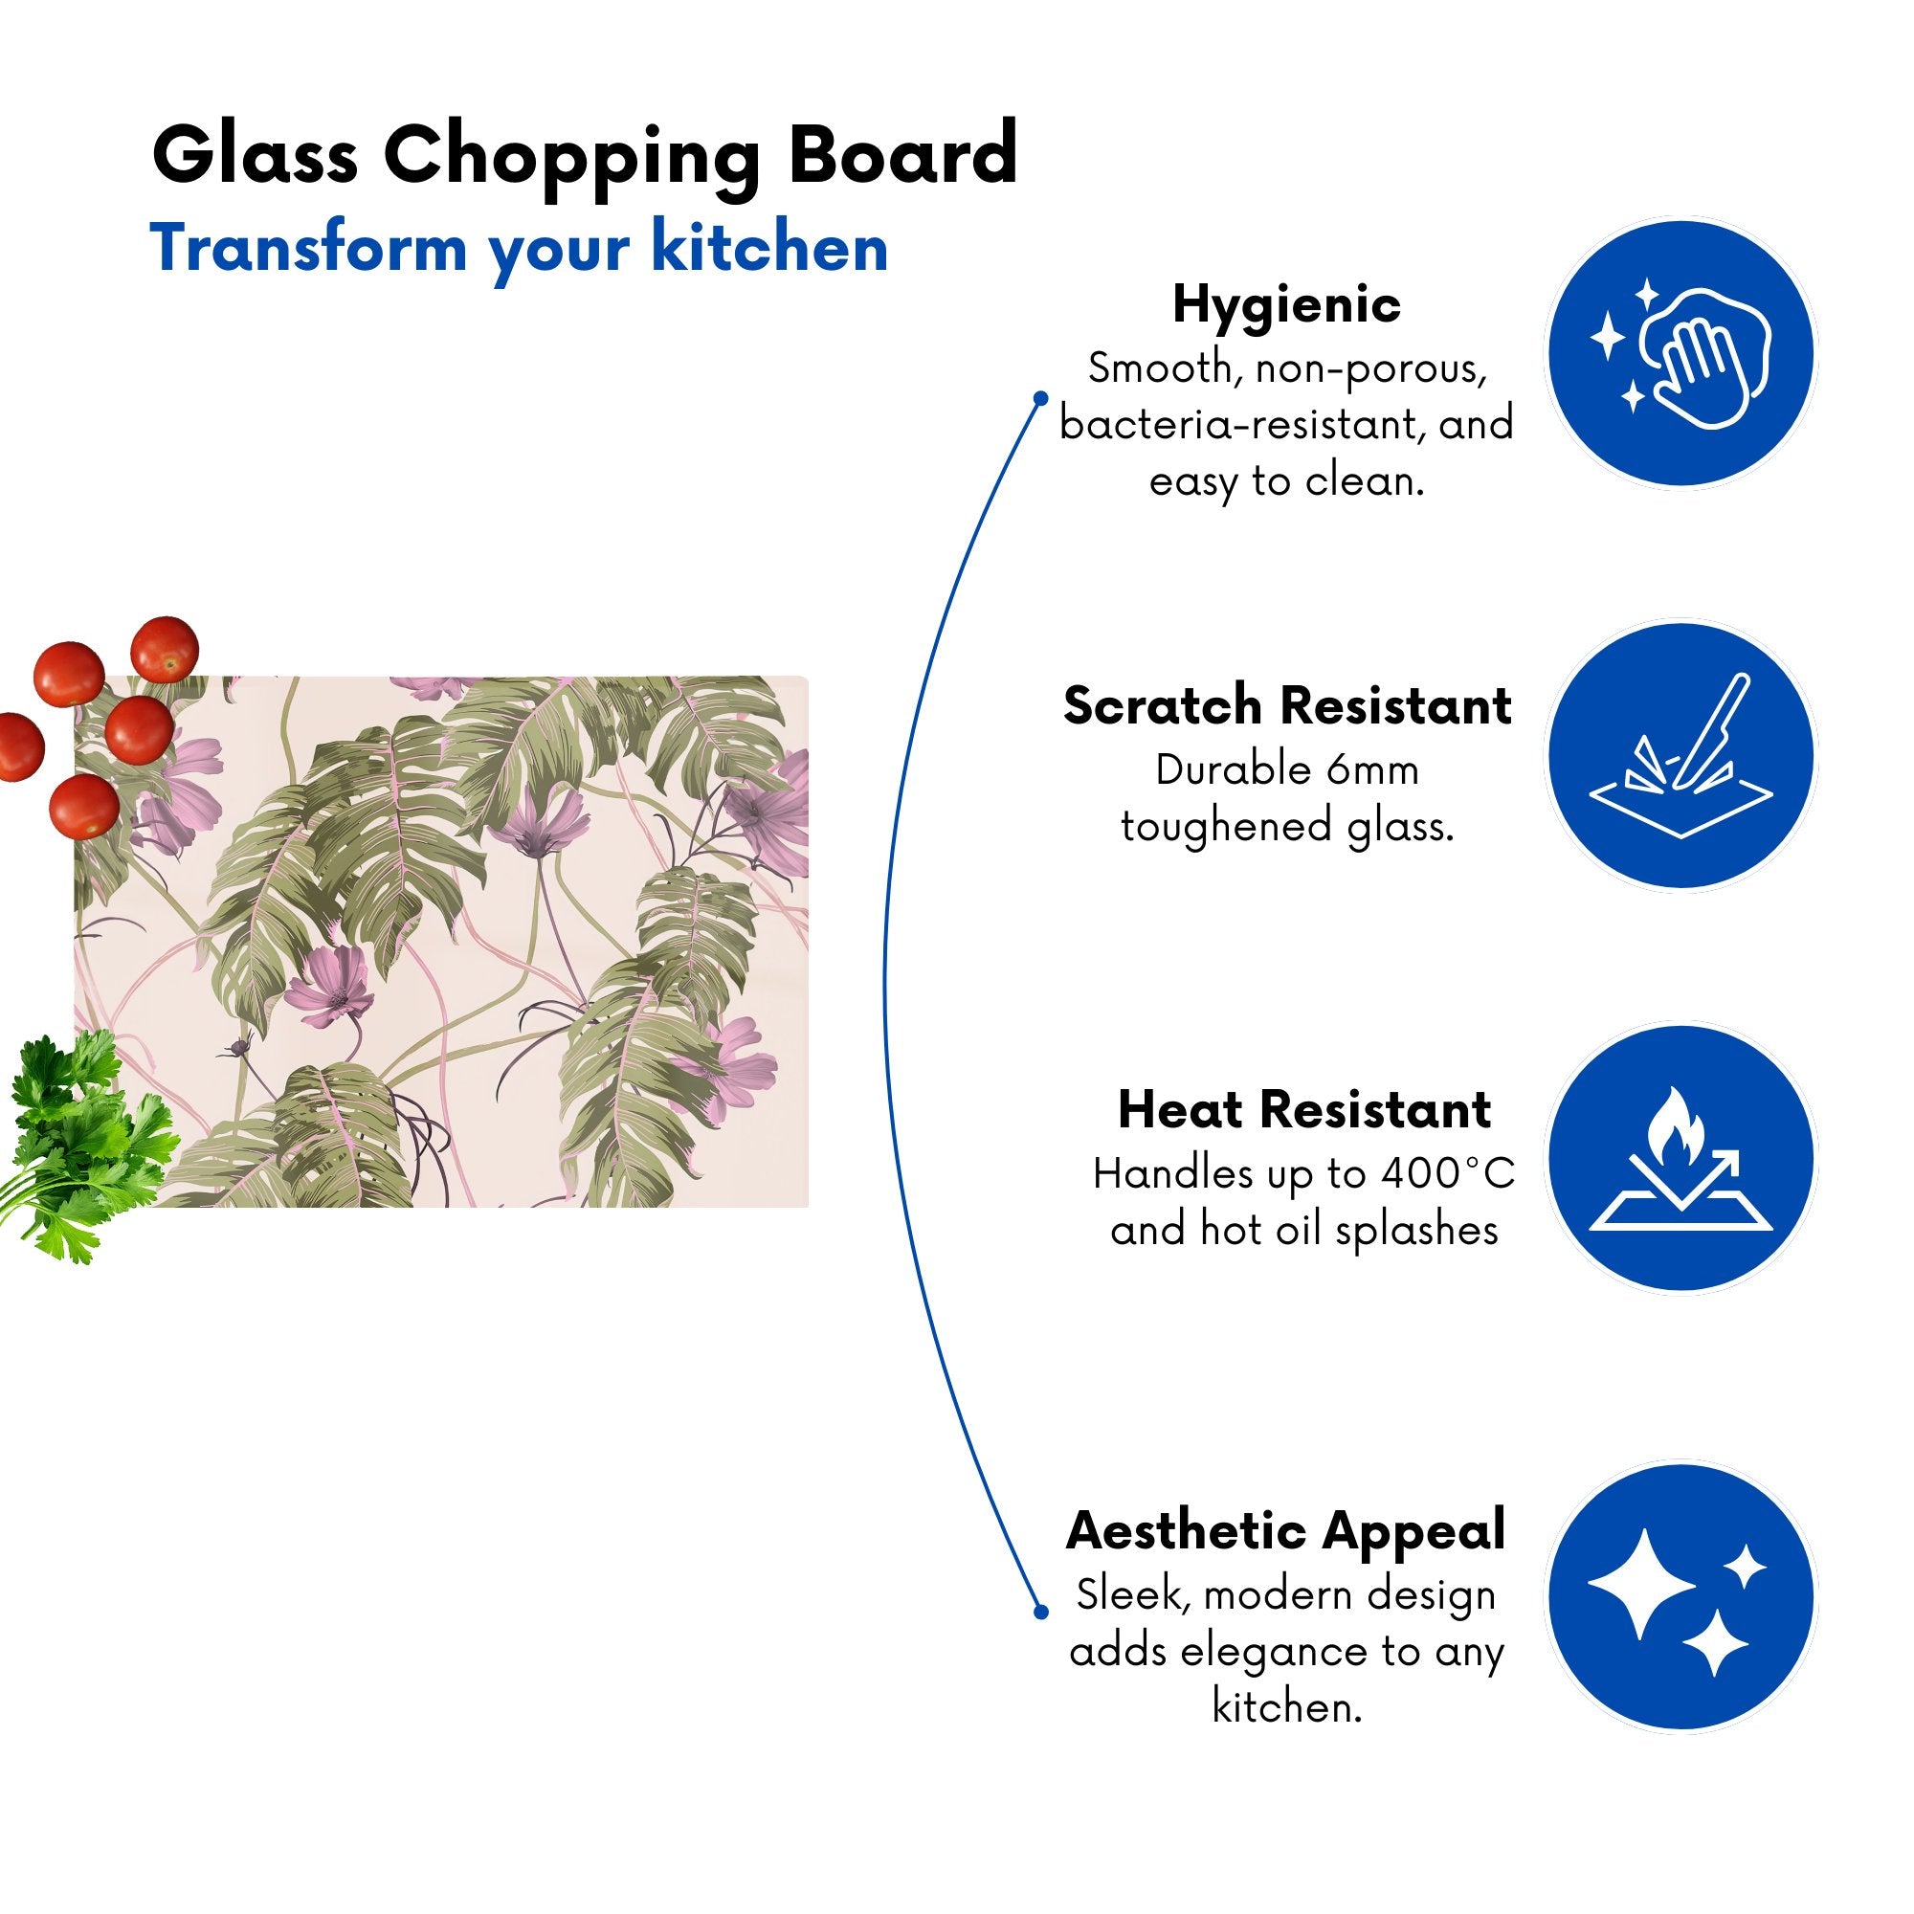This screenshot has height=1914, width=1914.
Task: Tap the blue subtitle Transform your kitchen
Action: coord(518,250)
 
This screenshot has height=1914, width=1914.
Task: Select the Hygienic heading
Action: coord(1286,306)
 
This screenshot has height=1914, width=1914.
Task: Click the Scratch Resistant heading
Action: coord(1287,706)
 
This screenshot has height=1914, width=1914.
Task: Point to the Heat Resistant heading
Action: coord(1303,1109)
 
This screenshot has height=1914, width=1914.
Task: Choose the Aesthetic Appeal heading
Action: coord(1286,1531)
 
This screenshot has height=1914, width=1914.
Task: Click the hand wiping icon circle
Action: coord(1681,354)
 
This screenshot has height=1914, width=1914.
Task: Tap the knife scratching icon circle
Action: coord(1681,756)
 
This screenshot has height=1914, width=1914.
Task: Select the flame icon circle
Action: coord(1681,1158)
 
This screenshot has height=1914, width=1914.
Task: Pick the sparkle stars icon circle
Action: coord(1681,1598)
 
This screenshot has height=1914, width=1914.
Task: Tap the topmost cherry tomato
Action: coord(166,649)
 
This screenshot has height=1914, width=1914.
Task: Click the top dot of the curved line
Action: coord(1040,398)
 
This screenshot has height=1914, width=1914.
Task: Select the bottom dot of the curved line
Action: coord(1040,1612)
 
